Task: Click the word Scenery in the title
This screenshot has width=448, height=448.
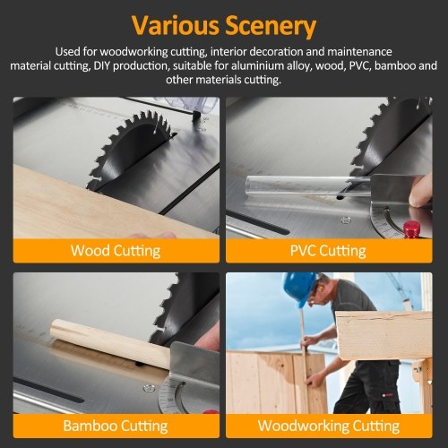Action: (271, 26)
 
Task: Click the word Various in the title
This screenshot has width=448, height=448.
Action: (176, 24)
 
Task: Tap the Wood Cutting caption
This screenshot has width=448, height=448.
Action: (116, 251)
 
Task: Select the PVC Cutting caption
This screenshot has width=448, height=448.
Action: (328, 251)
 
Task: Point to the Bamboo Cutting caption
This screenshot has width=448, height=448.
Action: (116, 426)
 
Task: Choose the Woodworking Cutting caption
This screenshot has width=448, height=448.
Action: (329, 426)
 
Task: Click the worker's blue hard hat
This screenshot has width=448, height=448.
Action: (298, 289)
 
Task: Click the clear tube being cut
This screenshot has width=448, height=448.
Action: (307, 187)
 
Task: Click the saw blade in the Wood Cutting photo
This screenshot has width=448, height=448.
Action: (133, 151)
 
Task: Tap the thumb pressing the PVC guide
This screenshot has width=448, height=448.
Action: (420, 191)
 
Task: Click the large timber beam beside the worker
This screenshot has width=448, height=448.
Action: (383, 334)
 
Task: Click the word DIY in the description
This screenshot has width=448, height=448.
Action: (102, 65)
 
